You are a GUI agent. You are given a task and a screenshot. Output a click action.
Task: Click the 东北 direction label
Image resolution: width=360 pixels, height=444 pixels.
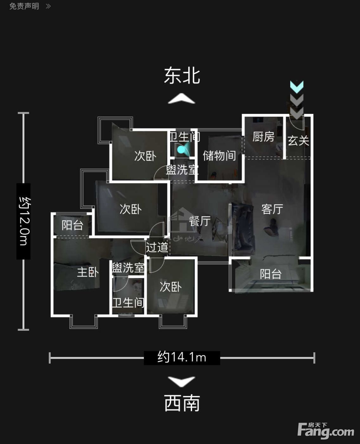point(182,76)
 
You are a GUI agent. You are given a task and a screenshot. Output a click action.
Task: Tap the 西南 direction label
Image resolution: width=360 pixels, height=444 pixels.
point(182,403)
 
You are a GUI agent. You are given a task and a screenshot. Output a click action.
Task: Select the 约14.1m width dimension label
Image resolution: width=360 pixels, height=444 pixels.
point(182,358)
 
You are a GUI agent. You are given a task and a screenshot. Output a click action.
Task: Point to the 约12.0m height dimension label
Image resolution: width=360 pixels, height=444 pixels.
point(23,221)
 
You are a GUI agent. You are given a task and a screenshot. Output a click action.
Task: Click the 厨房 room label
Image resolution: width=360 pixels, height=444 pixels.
point(263,137)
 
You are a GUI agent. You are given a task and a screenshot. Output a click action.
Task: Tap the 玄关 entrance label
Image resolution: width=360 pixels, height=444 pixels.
point(298,140)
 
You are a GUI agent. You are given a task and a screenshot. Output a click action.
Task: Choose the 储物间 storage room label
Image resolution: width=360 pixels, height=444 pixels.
point(220,155)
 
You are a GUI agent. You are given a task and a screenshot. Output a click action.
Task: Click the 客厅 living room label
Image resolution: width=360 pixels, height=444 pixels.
point(272,209)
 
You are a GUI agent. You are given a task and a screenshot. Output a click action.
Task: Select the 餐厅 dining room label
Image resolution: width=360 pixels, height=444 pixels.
point(199,221)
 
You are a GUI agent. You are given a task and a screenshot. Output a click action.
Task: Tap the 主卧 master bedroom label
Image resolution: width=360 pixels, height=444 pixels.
point(88,272)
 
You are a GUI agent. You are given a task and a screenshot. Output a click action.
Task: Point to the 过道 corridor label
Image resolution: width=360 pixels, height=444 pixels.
point(157,247)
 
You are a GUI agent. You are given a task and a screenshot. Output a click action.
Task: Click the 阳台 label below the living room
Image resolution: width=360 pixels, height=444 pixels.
point(271,274)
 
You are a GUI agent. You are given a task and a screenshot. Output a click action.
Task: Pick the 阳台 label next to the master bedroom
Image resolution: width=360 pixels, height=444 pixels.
point(73,225)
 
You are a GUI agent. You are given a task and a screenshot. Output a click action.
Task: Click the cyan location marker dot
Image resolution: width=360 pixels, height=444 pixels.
point(181,150)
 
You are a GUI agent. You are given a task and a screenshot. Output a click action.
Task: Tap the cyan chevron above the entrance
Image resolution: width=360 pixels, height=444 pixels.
point(297,87)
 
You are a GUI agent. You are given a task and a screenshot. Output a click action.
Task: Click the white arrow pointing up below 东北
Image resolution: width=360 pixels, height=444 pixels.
point(182,99)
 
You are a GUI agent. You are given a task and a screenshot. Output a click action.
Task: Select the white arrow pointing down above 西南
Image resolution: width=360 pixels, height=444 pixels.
point(182,382)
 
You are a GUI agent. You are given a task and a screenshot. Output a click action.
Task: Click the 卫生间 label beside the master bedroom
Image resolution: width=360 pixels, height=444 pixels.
point(128,303)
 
